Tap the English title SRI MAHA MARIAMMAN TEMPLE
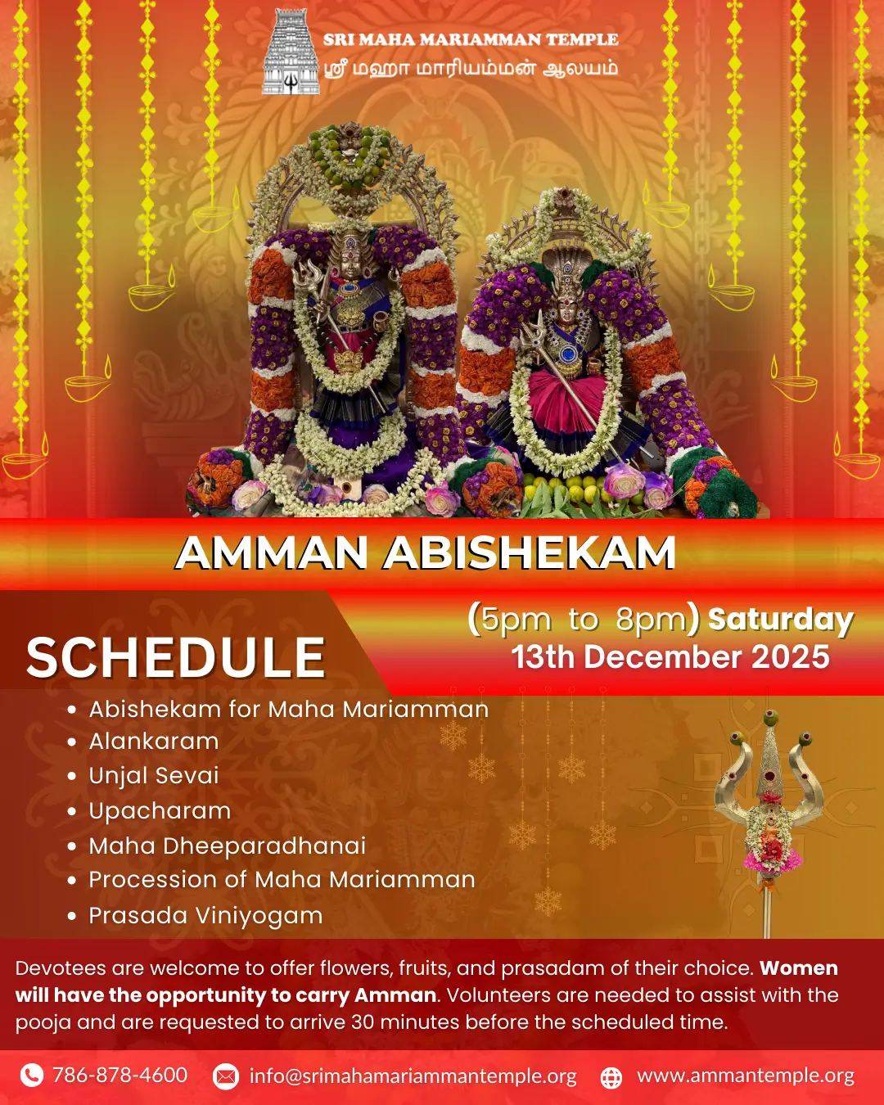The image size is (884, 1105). [471, 39]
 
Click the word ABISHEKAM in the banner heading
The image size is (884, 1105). [529, 553]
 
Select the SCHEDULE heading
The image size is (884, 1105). [176, 658]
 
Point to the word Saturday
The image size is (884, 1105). [781, 620]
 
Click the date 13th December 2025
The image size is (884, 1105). [670, 656]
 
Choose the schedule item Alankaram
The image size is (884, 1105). [154, 742]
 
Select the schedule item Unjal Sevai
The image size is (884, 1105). [154, 776]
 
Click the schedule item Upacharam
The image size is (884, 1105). [160, 811]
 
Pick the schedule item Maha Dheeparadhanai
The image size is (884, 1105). [227, 846]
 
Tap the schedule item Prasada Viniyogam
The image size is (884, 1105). [205, 916]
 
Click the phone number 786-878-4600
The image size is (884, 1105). [120, 1075]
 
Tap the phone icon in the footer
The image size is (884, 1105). [31, 1076]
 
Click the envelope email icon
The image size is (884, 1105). [225, 1076]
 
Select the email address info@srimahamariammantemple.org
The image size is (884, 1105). [413, 1076]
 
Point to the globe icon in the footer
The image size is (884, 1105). [611, 1076]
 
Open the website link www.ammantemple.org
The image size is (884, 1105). [746, 1076]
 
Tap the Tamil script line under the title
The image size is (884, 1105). [471, 69]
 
